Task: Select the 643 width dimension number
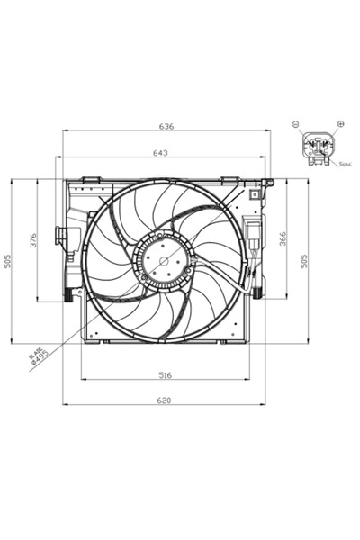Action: (x=160, y=153)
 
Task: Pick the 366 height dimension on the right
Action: (x=283, y=238)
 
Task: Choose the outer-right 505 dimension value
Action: (x=305, y=260)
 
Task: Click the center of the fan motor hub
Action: (x=164, y=261)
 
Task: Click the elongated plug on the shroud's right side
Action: (x=258, y=243)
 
